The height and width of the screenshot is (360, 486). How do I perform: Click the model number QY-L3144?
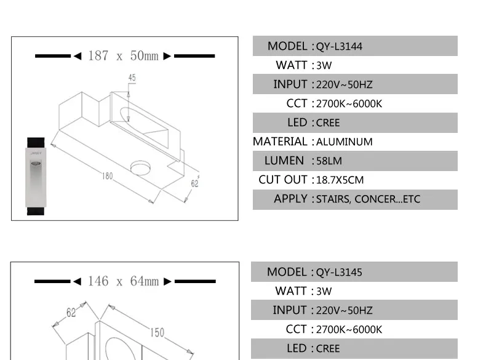tap(339, 47)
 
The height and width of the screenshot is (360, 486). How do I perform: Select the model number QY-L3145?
tap(339, 273)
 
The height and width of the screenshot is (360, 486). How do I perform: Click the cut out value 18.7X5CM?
tap(340, 180)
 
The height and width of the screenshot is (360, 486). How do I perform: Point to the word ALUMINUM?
tap(344, 142)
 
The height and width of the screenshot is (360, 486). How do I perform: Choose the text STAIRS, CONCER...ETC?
tap(368, 199)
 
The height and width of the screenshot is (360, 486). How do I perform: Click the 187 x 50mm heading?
tap(124, 56)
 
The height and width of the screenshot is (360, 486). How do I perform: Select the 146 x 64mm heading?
tap(124, 282)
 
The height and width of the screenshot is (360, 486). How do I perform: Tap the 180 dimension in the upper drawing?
tap(108, 176)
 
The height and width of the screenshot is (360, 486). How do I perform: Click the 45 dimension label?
tap(132, 78)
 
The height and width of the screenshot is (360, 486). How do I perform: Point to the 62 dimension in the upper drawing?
tap(195, 183)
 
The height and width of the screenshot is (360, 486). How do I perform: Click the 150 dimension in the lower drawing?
tap(157, 332)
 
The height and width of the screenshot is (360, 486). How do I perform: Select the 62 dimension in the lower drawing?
tap(71, 312)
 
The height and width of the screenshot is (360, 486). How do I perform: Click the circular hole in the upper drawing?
tap(141, 167)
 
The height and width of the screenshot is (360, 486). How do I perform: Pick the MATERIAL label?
tap(280, 142)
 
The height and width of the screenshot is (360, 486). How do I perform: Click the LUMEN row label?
tap(284, 161)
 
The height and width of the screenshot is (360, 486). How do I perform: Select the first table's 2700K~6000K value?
tap(349, 104)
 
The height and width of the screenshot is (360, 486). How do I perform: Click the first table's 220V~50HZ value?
tap(344, 85)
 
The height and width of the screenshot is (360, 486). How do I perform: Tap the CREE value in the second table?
tap(328, 349)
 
